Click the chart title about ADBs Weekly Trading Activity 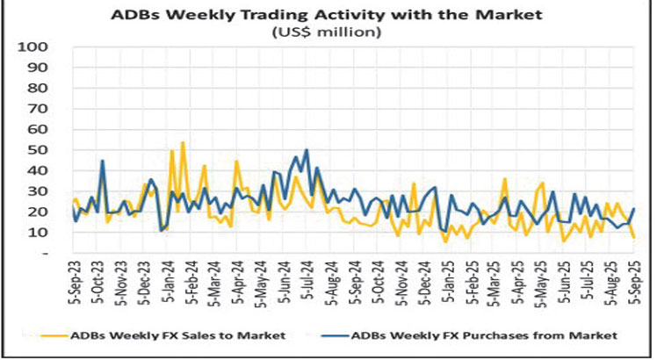[x=328, y=15]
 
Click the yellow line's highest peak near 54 [x=183, y=142]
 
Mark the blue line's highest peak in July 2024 [x=307, y=150]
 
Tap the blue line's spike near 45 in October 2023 [x=103, y=161]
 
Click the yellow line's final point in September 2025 [x=634, y=237]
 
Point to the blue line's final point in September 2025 [x=634, y=209]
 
